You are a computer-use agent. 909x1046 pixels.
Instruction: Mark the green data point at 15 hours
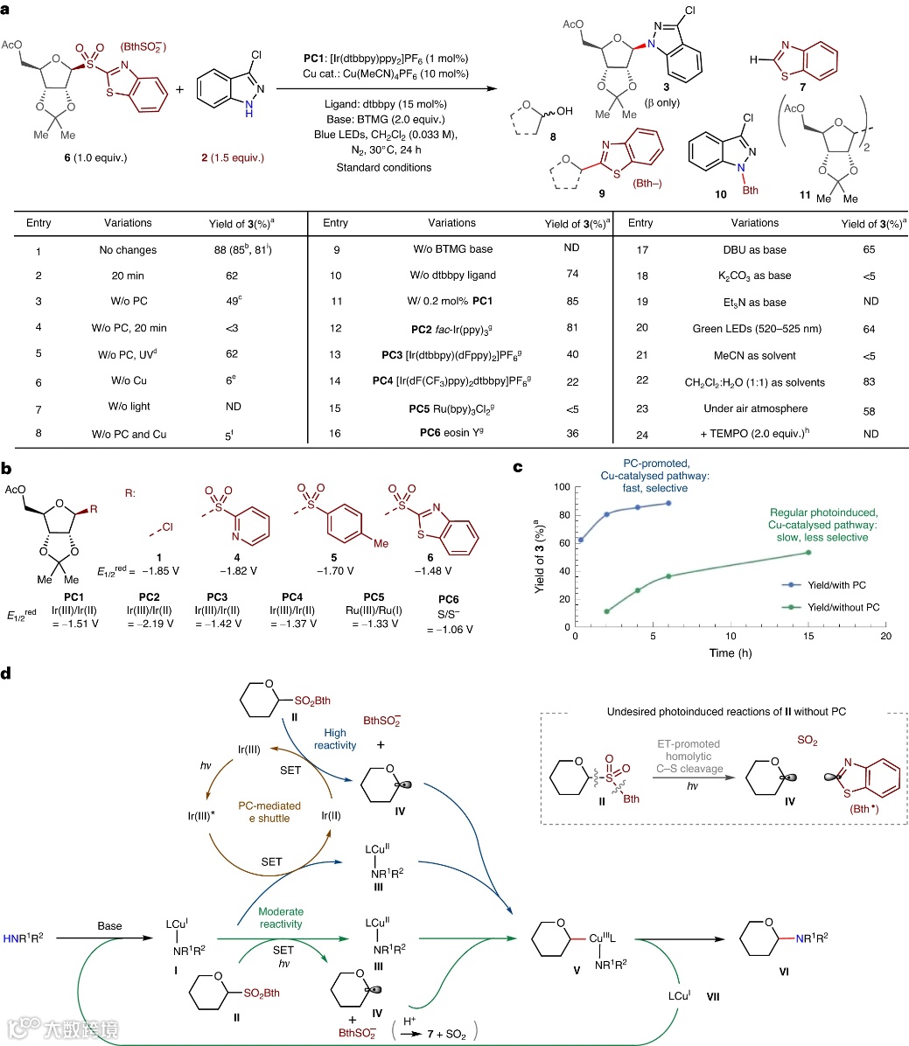coord(808,553)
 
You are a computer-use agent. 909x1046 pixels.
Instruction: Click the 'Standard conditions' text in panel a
coord(384,166)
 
